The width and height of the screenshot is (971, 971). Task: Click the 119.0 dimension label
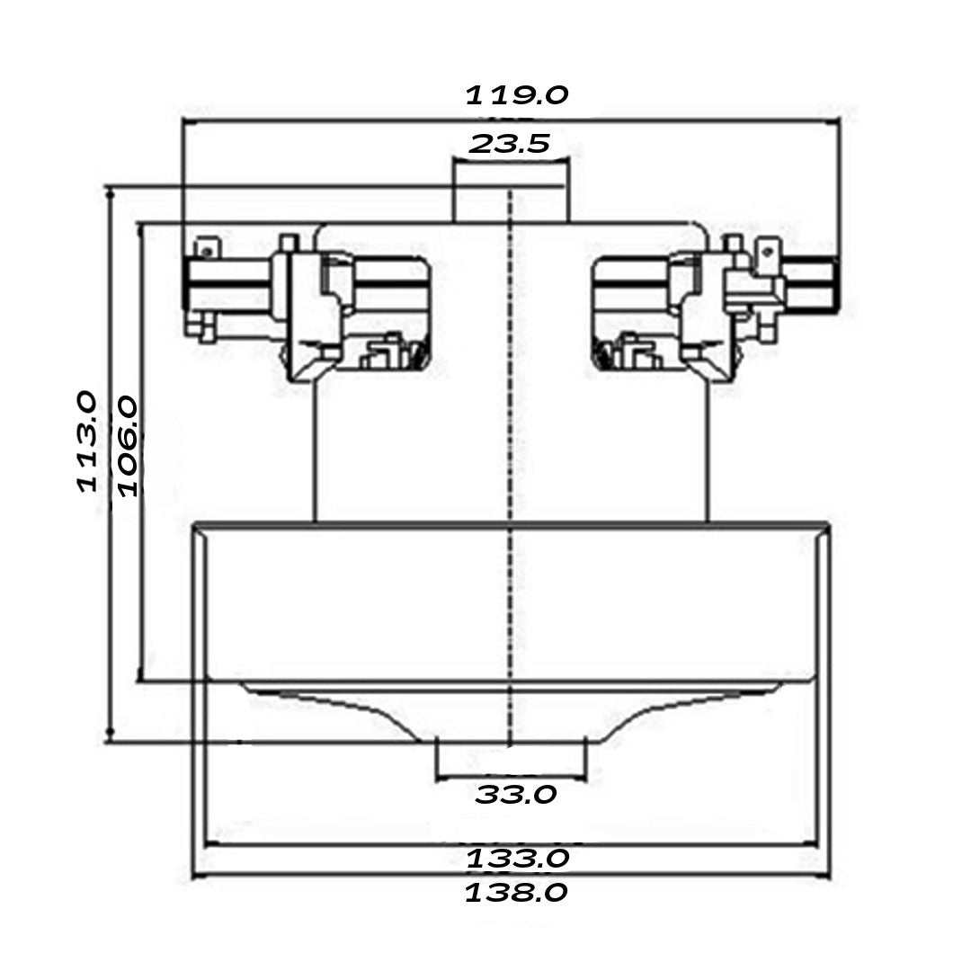tap(516, 95)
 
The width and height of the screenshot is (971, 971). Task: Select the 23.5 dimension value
tap(510, 143)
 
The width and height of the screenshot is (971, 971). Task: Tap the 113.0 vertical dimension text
tap(87, 441)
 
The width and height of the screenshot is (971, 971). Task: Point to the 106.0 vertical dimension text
tap(128, 447)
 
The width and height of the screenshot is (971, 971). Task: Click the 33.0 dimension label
tap(516, 795)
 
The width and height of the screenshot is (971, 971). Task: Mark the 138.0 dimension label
tap(516, 893)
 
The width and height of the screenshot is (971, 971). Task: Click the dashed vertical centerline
tap(511, 450)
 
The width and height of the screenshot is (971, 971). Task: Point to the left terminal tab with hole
tap(208, 246)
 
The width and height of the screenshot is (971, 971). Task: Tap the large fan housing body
tap(511, 602)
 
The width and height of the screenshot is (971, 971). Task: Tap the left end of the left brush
tap(187, 283)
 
